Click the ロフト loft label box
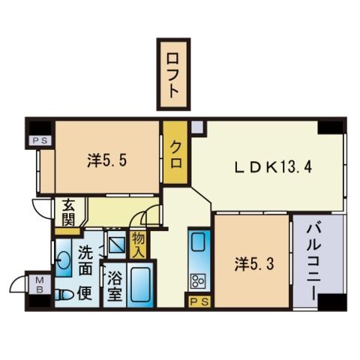(x=173, y=72)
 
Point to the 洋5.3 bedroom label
(x=249, y=263)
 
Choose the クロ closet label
(x=175, y=156)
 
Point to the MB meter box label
(x=37, y=286)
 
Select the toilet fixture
(x=64, y=293)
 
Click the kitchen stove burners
(x=199, y=281)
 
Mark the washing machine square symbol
(x=117, y=244)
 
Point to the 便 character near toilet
(x=87, y=292)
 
